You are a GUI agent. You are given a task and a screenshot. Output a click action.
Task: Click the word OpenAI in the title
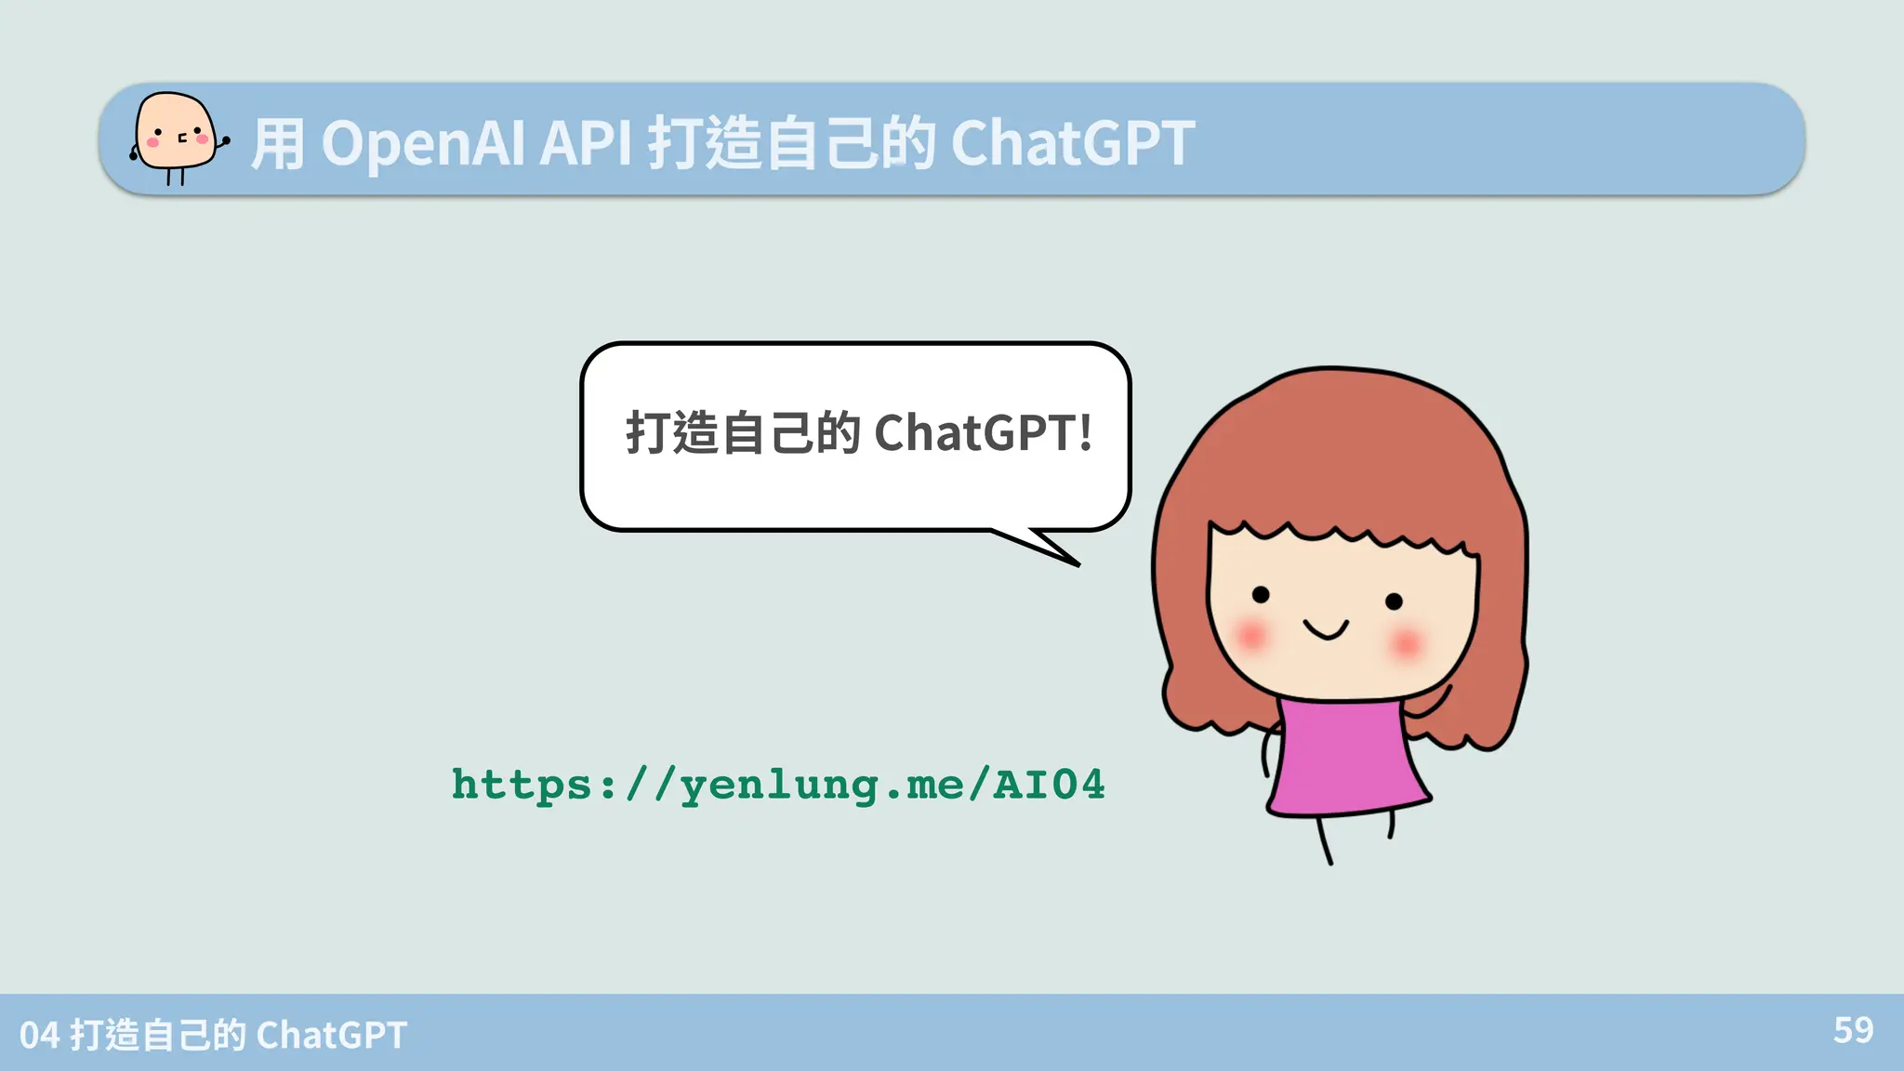[424, 144]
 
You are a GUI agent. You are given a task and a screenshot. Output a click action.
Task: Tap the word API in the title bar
[585, 144]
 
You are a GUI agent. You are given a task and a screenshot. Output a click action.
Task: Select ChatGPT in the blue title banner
[1072, 144]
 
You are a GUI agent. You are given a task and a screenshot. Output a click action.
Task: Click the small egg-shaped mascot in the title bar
[176, 138]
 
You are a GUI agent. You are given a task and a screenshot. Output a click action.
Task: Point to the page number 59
[1853, 1030]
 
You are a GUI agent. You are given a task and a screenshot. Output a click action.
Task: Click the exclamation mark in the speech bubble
[1085, 433]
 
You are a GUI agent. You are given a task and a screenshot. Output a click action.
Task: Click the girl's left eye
[1261, 594]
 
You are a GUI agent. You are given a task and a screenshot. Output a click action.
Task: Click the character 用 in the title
[277, 145]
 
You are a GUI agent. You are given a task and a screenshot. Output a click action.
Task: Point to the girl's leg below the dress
[1324, 840]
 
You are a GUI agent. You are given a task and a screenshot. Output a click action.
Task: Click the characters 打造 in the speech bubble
[670, 433]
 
